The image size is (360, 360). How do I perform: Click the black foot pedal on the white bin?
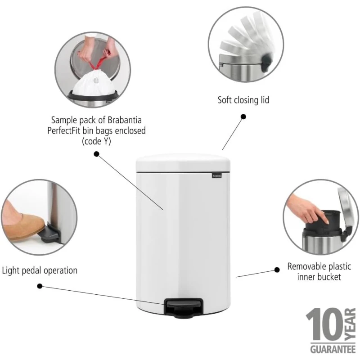pyautogui.click(x=184, y=308)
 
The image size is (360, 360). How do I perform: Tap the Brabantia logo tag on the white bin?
pyautogui.click(x=217, y=175)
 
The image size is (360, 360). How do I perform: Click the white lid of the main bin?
pyautogui.click(x=183, y=163)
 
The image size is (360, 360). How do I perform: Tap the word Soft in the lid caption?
pyautogui.click(x=224, y=100)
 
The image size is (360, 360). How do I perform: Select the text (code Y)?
pyautogui.click(x=96, y=141)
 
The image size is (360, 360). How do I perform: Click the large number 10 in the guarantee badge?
pyautogui.click(x=325, y=324)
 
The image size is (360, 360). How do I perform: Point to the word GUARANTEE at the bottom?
pyautogui.click(x=333, y=350)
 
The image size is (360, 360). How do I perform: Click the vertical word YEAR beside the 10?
pyautogui.click(x=351, y=324)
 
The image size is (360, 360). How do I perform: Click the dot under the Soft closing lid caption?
pyautogui.click(x=243, y=117)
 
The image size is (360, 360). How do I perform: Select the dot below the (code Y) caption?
pyautogui.click(x=97, y=154)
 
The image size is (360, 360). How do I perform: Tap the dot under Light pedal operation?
pyautogui.click(x=40, y=286)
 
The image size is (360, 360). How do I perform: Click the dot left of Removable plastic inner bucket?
pyautogui.click(x=277, y=270)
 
